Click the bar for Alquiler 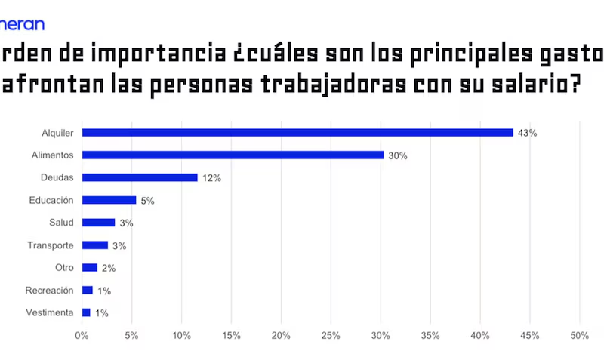point(297,133)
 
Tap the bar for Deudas point(140,178)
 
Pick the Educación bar point(109,201)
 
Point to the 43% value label point(527,134)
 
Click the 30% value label point(398,156)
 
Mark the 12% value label point(211,179)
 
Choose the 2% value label point(109,269)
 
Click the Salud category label point(60,223)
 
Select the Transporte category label point(50,245)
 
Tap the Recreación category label point(48,290)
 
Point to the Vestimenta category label point(49,312)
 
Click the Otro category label point(63,268)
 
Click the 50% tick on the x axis point(579,335)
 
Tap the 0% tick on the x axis point(82,335)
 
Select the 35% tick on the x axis point(430,335)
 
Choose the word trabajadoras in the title point(332,84)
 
